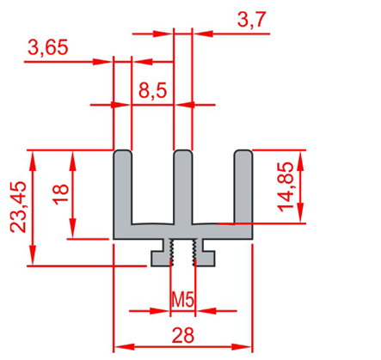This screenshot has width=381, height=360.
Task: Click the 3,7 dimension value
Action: coord(252,20)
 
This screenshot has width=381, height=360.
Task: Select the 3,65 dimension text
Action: coord(48,47)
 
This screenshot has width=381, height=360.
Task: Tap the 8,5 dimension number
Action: coord(152,91)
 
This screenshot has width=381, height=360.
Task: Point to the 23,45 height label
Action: coord(19,207)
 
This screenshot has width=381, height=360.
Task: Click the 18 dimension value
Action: coord(61,194)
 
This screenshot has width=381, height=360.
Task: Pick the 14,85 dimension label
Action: coord(286,187)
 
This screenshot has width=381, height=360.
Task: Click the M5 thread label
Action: coord(183,300)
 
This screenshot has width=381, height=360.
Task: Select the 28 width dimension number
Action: coord(183,335)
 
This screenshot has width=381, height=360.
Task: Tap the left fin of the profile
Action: coord(123,186)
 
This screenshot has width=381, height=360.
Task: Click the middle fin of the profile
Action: coord(183,186)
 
